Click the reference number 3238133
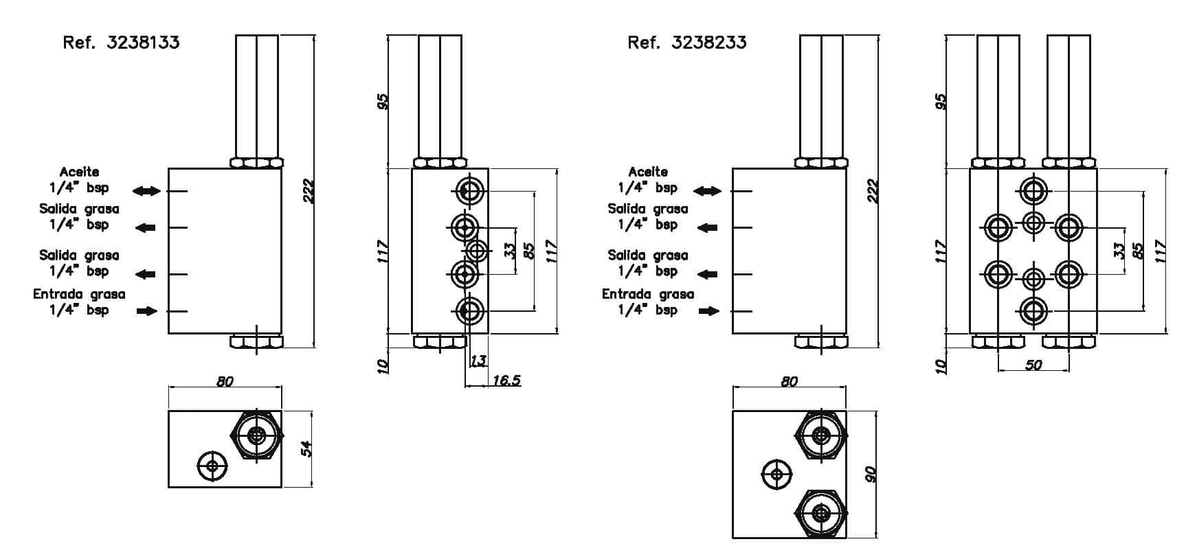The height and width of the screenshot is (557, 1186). click(x=143, y=43)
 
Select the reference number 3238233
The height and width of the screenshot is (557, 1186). click(x=709, y=43)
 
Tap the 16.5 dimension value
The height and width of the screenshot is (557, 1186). click(x=506, y=380)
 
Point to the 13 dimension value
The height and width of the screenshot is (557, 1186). click(x=478, y=361)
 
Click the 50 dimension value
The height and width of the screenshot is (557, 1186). click(x=1033, y=365)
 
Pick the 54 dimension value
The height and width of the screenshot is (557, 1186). click(x=307, y=449)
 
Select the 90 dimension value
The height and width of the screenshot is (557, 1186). click(x=871, y=474)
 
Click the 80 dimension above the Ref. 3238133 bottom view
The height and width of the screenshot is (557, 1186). click(x=225, y=381)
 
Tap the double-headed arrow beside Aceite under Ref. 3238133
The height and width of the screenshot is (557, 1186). click(x=146, y=191)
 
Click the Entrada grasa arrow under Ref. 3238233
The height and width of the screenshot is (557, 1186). click(x=709, y=311)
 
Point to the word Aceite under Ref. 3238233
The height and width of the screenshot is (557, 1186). click(x=647, y=172)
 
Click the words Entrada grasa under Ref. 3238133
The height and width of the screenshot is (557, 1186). click(x=79, y=294)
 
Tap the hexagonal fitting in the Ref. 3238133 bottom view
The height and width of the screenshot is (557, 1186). click(x=257, y=435)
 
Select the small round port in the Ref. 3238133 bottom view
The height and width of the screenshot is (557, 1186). click(x=212, y=466)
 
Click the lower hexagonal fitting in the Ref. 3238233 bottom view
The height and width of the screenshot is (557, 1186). click(x=820, y=514)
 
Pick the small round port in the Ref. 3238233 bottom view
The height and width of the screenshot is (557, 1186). click(x=776, y=474)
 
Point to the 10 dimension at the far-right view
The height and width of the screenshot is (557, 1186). click(x=941, y=367)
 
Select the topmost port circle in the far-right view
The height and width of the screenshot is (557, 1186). click(x=1033, y=191)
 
